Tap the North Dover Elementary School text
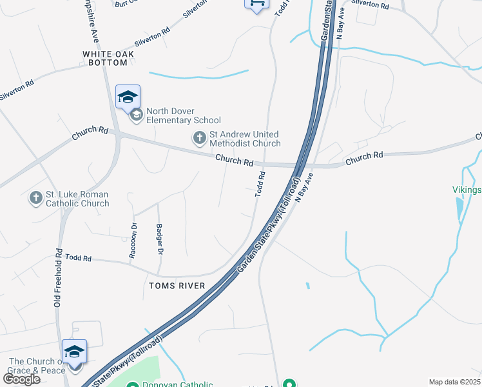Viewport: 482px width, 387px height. tap(184, 115)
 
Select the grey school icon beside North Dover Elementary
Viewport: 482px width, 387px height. tap(136, 115)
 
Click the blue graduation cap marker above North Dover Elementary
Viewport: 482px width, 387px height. tap(128, 97)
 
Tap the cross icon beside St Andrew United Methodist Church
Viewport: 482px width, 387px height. tap(200, 137)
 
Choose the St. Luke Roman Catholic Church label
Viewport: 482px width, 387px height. tap(77, 199)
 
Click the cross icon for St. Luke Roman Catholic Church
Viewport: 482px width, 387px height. tap(35, 198)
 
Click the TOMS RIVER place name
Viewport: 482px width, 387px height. tap(177, 286)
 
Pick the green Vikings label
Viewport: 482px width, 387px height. tap(467, 190)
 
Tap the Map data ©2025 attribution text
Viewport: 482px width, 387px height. tap(455, 382)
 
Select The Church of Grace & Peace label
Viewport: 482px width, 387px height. tap(37, 366)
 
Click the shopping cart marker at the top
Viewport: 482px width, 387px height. tap(256, 4)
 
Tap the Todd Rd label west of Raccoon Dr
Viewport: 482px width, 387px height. tap(78, 258)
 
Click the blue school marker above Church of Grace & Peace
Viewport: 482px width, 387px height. tap(74, 352)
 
